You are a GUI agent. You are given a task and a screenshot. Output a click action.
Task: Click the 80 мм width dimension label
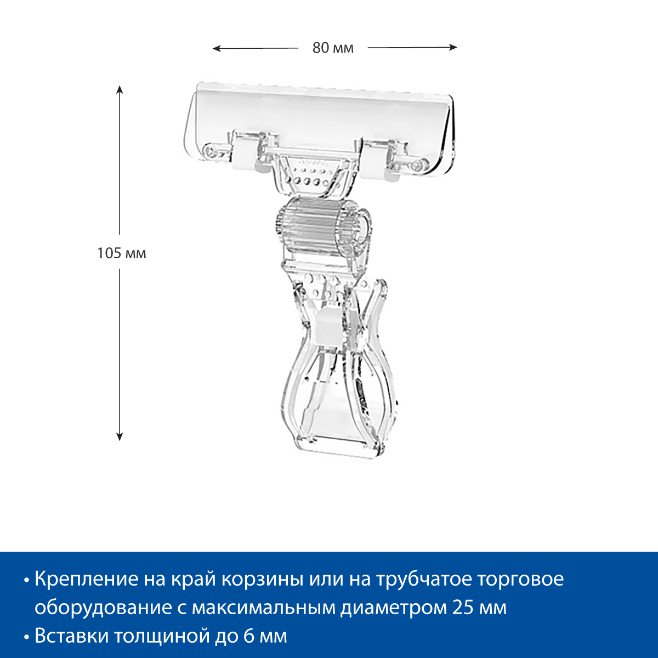pyautogui.click(x=333, y=48)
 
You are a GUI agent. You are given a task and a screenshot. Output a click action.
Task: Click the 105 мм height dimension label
pyautogui.click(x=122, y=253)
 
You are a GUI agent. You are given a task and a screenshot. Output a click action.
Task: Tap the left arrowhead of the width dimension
pyautogui.click(x=216, y=49)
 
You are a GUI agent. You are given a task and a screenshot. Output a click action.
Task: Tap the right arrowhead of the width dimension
pyautogui.click(x=453, y=48)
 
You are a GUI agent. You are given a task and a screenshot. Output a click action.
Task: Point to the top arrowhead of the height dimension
pyautogui.click(x=120, y=89)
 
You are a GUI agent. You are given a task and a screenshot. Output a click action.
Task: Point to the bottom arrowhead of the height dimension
pyautogui.click(x=120, y=436)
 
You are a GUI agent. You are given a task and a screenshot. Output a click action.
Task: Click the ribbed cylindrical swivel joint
pyautogui.click(x=322, y=226)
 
